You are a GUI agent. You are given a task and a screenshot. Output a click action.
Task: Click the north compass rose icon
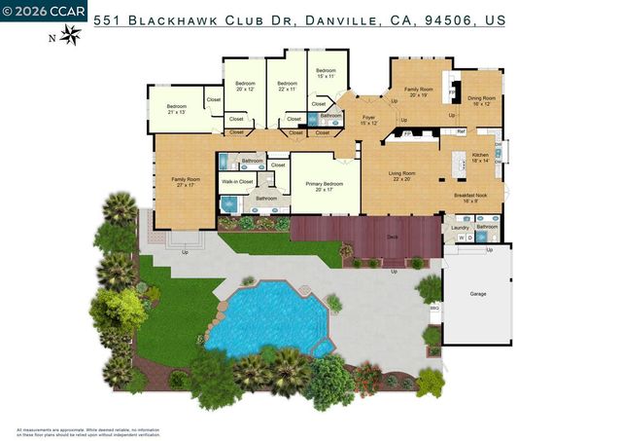pos(70,35)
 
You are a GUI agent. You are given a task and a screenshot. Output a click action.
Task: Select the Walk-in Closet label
pos(237,181)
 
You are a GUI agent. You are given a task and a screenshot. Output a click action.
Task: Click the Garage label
pos(477,293)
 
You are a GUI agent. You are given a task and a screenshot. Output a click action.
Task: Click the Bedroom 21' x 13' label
pos(176,109)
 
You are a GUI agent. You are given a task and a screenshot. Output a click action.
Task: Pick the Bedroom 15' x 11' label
pos(325,73)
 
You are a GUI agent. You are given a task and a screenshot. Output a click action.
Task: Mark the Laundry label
pos(460,227)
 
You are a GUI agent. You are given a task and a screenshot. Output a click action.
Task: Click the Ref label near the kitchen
pos(461,131)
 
